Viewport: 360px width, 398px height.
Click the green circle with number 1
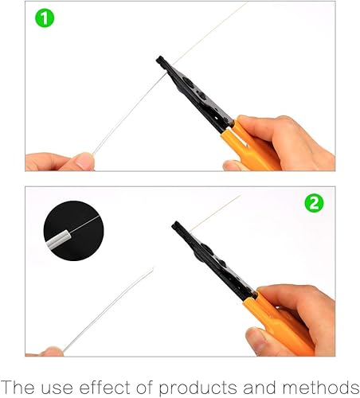(45, 18)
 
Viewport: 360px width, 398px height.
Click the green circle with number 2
(314, 203)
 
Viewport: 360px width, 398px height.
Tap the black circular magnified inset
(74, 231)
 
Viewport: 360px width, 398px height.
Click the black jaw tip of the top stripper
(160, 60)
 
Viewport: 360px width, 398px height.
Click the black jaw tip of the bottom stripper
(176, 226)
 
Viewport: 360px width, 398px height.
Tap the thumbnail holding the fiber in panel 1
(85, 161)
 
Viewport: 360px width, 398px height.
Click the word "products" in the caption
(198, 388)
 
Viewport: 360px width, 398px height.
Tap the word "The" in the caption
(18, 387)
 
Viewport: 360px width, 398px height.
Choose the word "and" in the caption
(260, 387)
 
